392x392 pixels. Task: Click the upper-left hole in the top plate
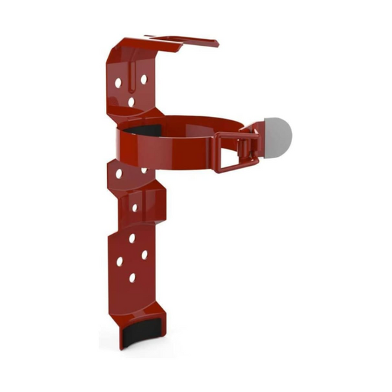click(x=118, y=83)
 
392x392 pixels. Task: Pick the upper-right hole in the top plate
click(x=144, y=78)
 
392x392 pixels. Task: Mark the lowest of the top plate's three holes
click(x=131, y=102)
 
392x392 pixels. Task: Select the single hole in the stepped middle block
click(x=135, y=208)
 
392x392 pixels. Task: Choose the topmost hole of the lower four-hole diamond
click(x=133, y=238)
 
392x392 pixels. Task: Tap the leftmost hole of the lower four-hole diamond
click(x=120, y=261)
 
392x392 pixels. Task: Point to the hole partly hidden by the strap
click(x=144, y=171)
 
